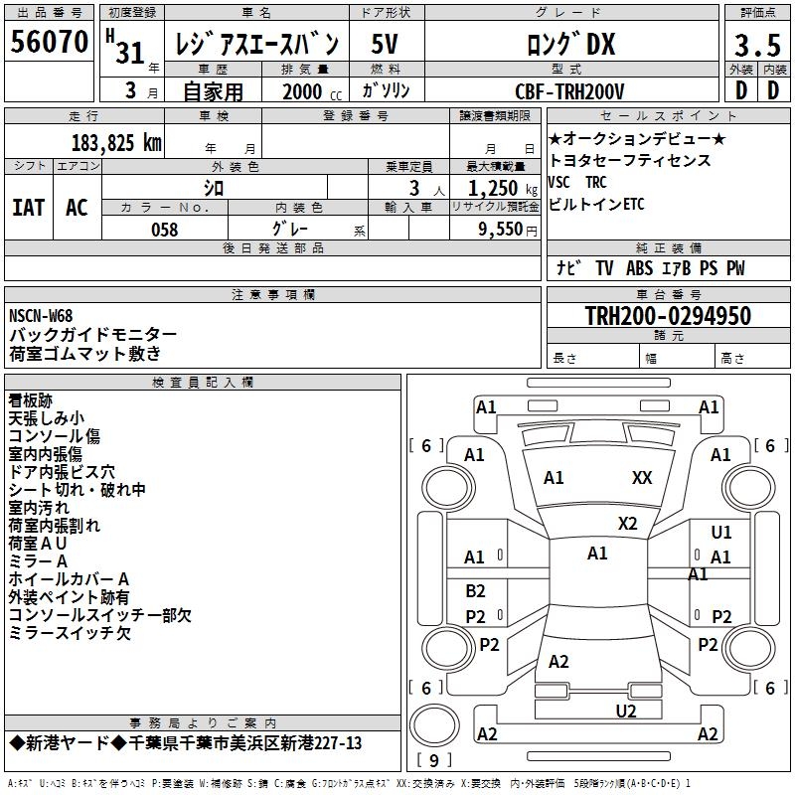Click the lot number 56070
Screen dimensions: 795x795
(50, 41)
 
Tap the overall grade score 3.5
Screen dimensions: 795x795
(757, 45)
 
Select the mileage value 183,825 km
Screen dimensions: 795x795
(116, 143)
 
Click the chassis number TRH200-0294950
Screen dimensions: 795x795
(668, 316)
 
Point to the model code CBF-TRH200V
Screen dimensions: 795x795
(569, 91)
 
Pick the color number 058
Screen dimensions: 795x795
(165, 230)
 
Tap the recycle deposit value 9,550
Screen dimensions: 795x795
(500, 230)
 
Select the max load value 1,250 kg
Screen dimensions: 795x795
(503, 188)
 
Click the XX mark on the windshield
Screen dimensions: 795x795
(642, 478)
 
